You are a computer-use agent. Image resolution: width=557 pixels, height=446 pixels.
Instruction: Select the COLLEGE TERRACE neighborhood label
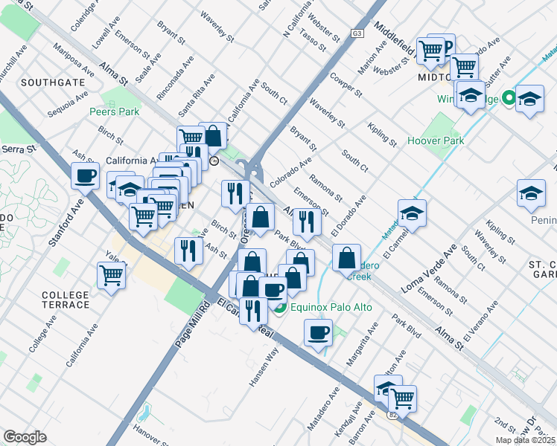tap(65, 300)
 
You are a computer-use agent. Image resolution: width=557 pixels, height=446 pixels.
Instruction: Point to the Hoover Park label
tap(436, 140)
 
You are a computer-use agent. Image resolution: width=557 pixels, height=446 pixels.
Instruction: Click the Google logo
tap(25, 437)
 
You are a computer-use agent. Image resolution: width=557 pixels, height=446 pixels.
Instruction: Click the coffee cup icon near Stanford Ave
tap(84, 176)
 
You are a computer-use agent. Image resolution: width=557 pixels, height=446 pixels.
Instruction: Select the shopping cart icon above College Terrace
tap(111, 275)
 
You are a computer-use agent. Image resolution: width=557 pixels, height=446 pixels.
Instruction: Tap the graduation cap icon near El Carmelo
tap(412, 213)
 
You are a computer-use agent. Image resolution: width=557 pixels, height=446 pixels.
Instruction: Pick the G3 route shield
tap(357, 34)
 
